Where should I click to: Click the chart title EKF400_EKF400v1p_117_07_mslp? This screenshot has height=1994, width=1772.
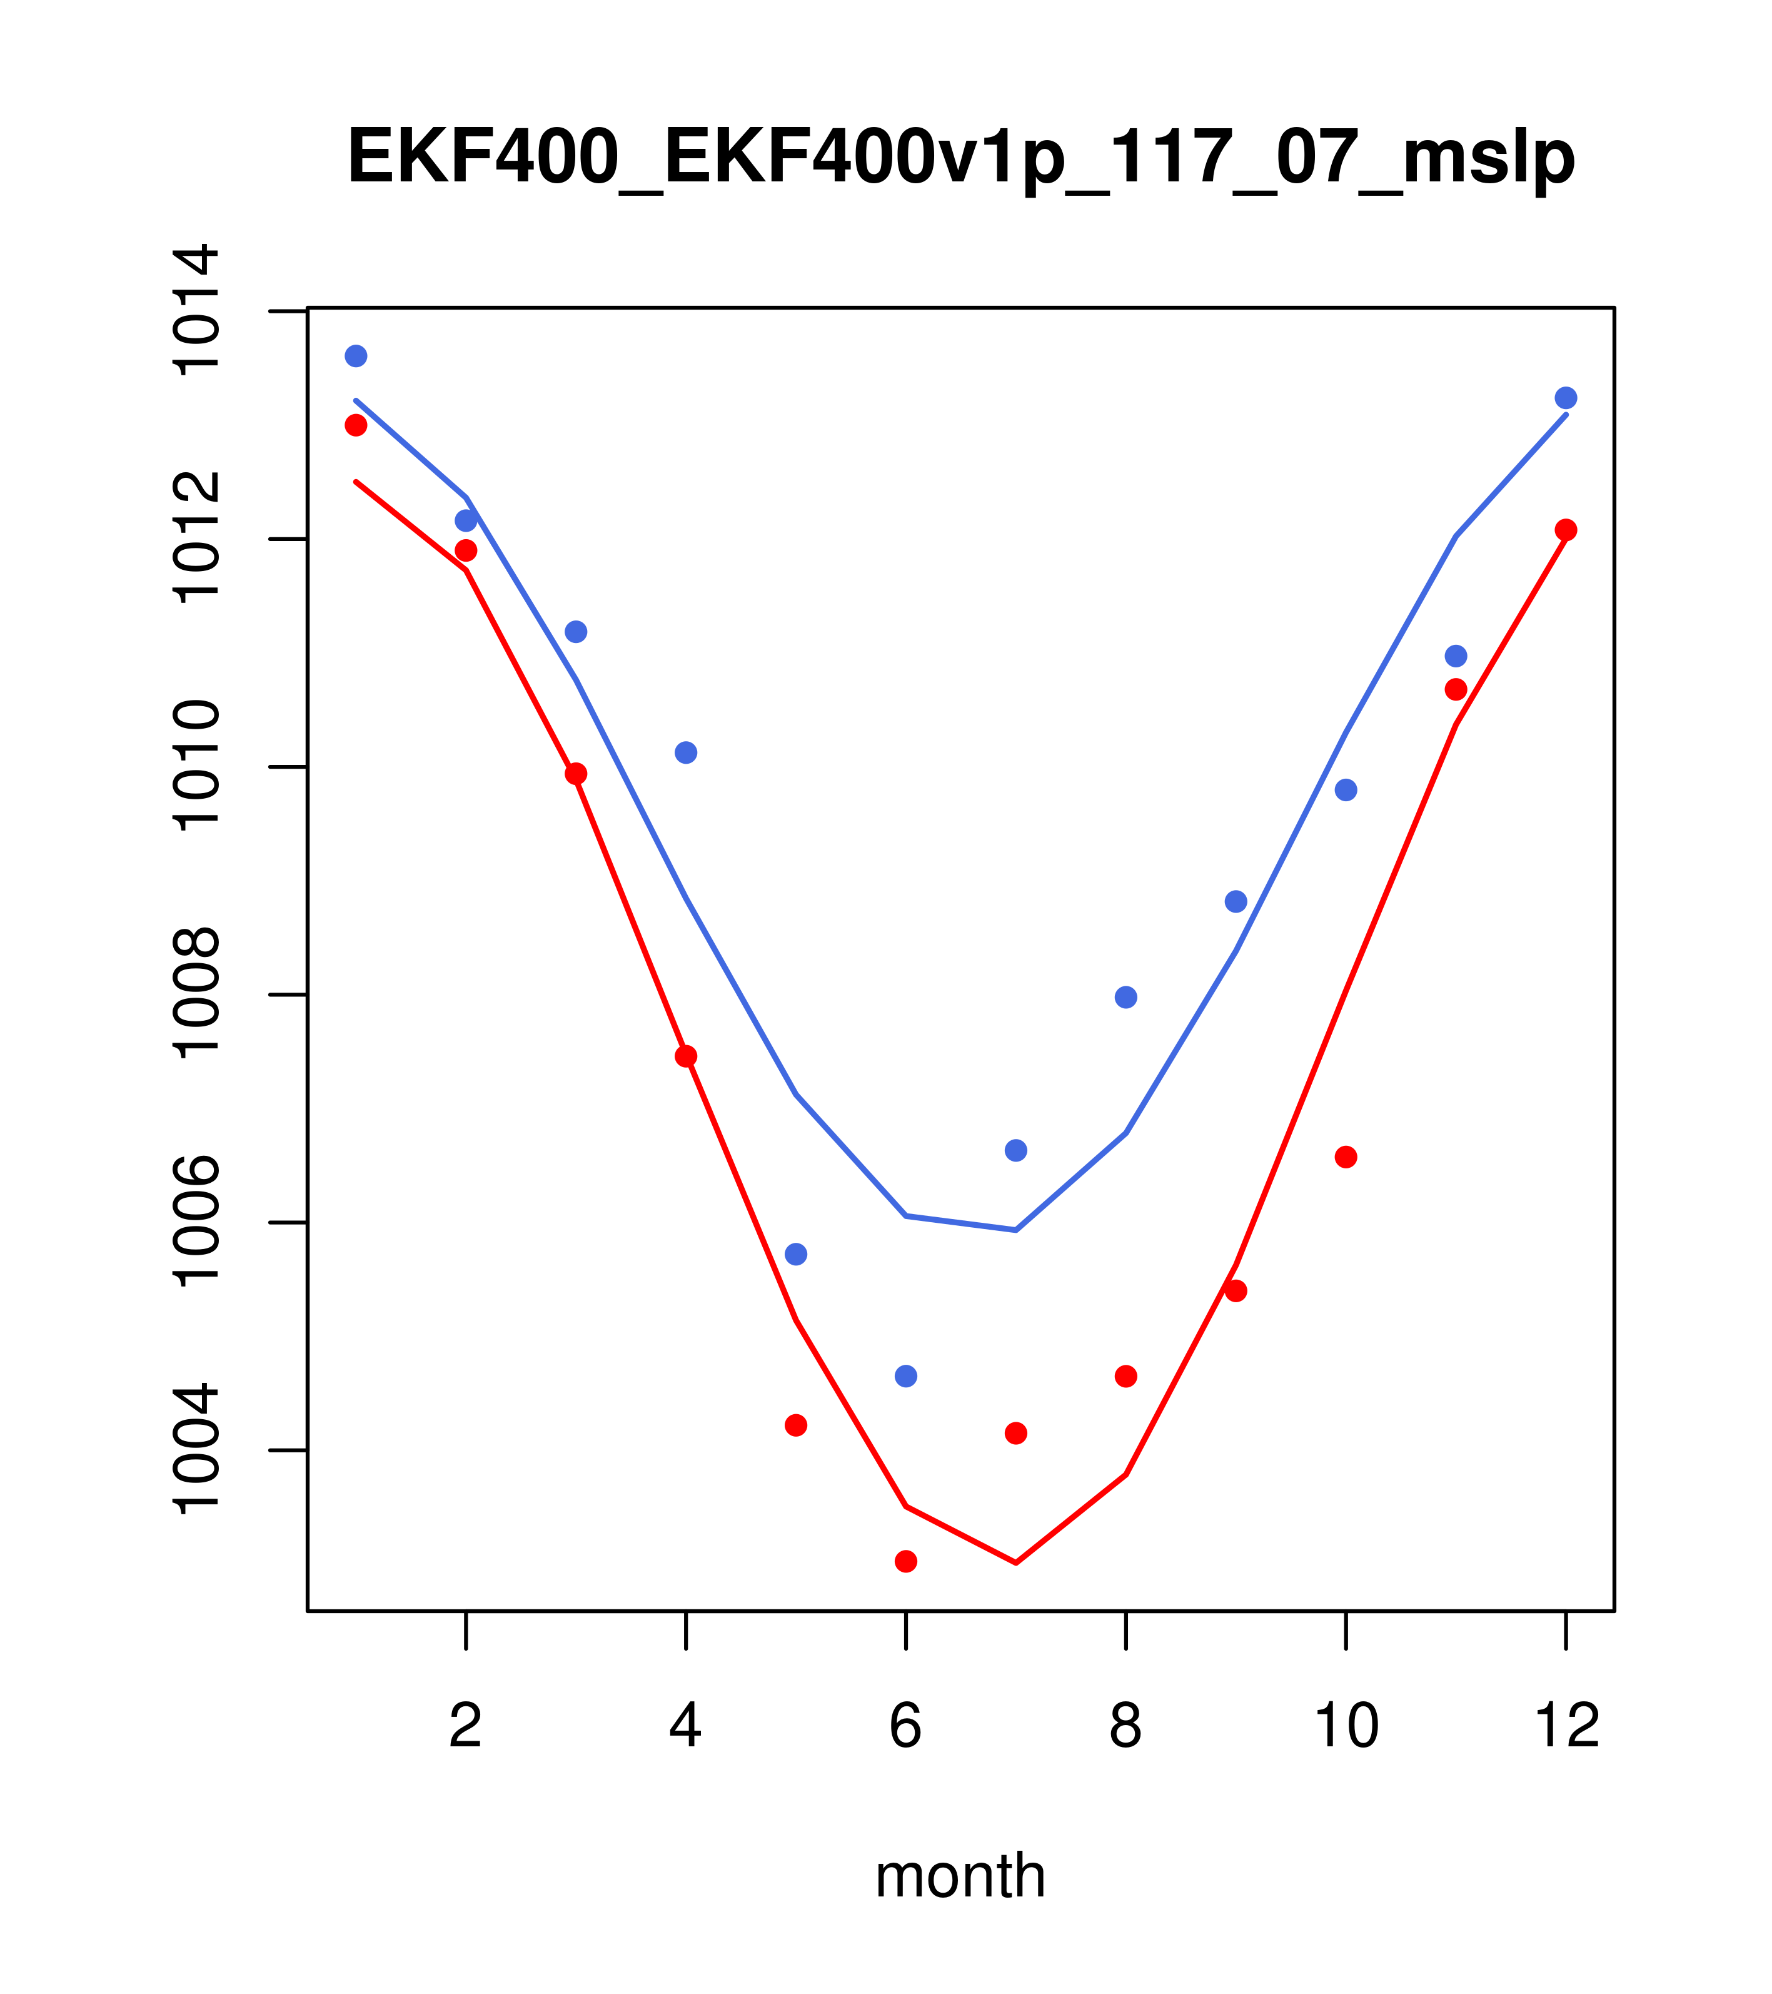(x=960, y=157)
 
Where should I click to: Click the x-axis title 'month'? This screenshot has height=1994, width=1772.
(x=960, y=1876)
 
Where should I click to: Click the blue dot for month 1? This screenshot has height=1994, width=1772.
(x=356, y=356)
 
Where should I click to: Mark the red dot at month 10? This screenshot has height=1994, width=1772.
(x=1346, y=1158)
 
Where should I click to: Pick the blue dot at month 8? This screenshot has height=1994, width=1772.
(x=1125, y=997)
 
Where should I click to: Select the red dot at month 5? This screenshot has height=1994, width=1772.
(x=796, y=1425)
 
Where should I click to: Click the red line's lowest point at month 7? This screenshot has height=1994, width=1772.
(x=1016, y=1563)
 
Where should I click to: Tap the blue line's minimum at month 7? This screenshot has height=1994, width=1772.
(x=1016, y=1230)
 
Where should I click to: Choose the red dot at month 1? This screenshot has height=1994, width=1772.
(x=356, y=425)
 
